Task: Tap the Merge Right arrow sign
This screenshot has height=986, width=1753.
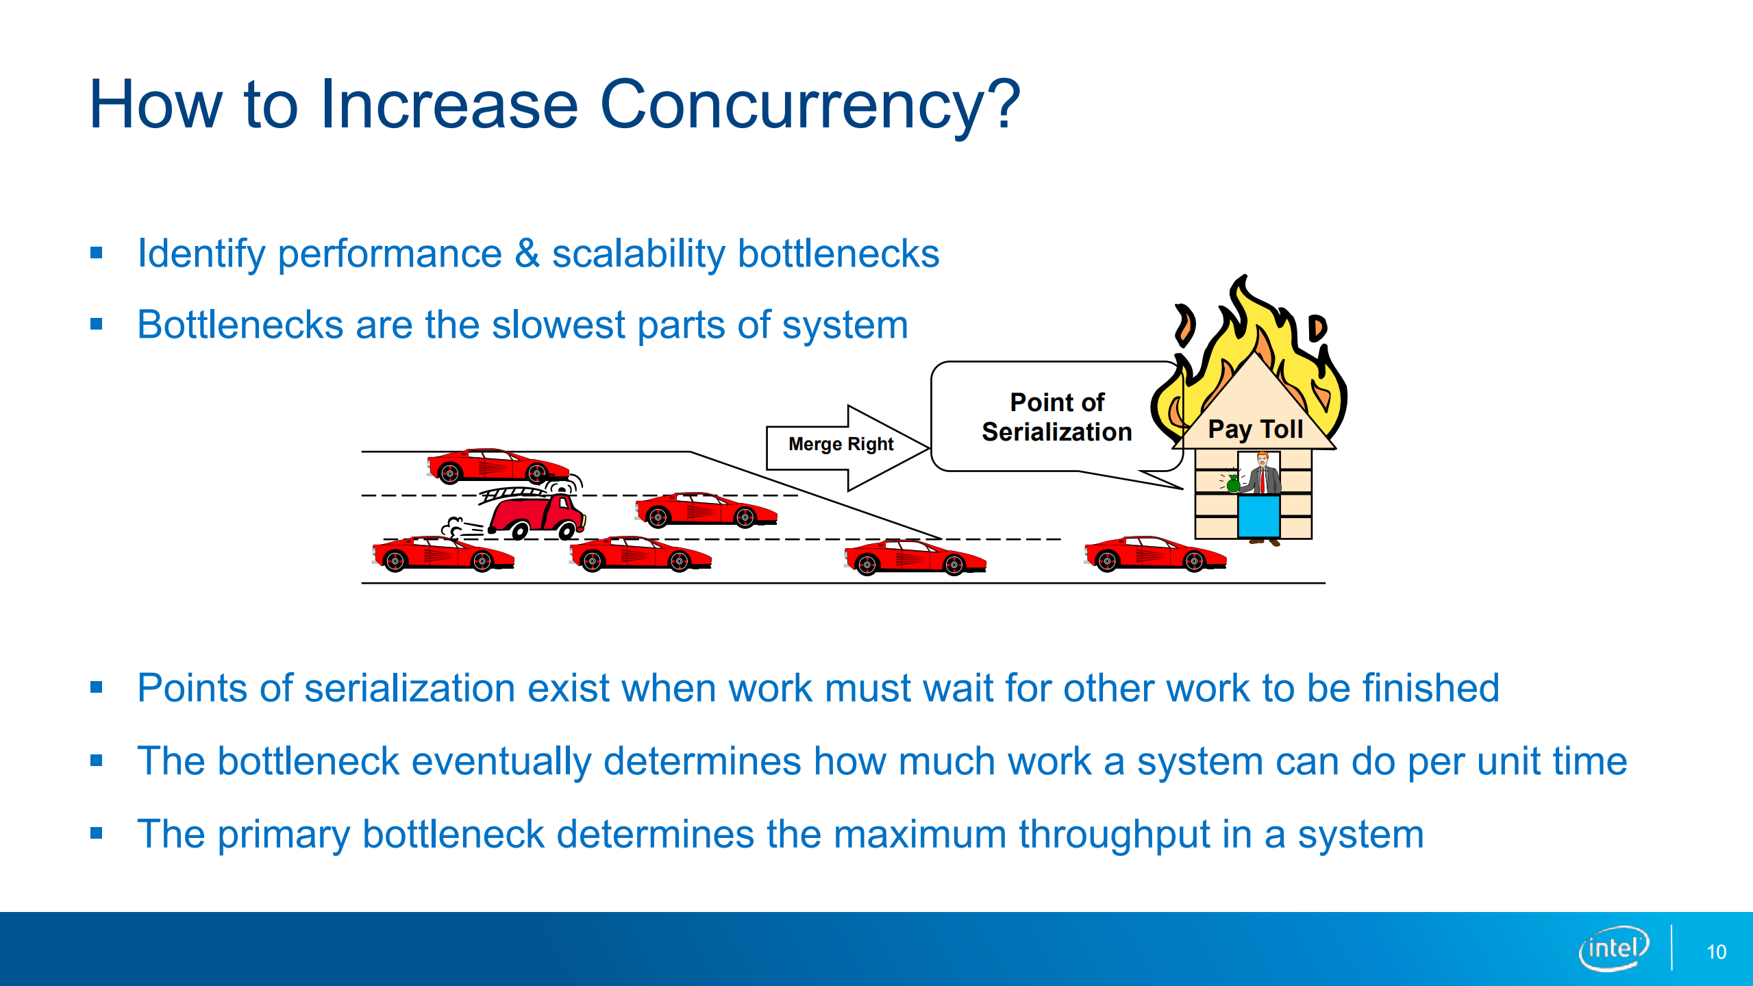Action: [841, 445]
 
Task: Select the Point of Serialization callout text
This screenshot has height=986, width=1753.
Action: [1056, 417]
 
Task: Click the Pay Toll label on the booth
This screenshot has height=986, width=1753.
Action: [1255, 429]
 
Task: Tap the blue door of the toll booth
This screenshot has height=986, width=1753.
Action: [1258, 516]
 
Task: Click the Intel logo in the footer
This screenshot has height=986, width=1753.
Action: [1613, 948]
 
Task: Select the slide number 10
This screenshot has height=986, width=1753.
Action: [1716, 952]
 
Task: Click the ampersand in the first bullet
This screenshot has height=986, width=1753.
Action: [527, 254]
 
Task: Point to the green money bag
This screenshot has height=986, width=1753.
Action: [1233, 483]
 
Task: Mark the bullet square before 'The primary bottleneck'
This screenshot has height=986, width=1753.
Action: [97, 834]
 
